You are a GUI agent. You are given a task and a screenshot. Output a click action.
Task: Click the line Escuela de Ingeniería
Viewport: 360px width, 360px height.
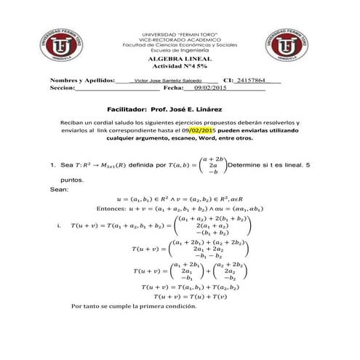[x=180, y=51]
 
